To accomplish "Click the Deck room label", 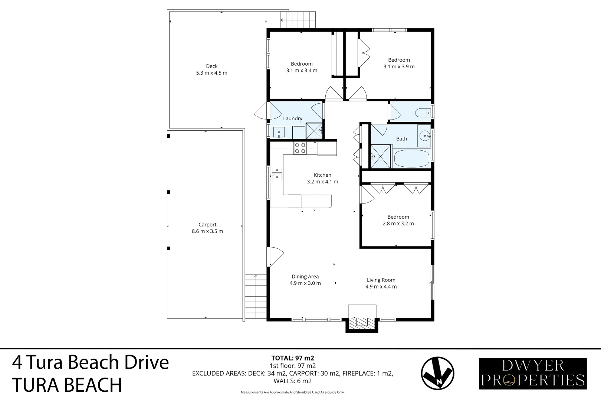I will pyautogui.click(x=211, y=66).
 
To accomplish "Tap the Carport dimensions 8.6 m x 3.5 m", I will pyautogui.click(x=207, y=231).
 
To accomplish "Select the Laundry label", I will pyautogui.click(x=292, y=118).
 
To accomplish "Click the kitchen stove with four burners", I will pyautogui.click(x=300, y=148).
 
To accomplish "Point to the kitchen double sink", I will pyautogui.click(x=276, y=174).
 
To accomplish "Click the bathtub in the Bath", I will pyautogui.click(x=411, y=159).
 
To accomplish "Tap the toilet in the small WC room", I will pyautogui.click(x=423, y=112).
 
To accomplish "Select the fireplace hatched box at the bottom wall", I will pyautogui.click(x=362, y=322).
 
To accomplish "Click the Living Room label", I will pyautogui.click(x=381, y=280).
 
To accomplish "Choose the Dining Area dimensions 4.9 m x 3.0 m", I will pyautogui.click(x=305, y=283).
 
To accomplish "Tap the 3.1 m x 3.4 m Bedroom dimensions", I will pyautogui.click(x=302, y=71).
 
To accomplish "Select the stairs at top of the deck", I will pyautogui.click(x=298, y=20).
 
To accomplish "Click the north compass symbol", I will pyautogui.click(x=437, y=373).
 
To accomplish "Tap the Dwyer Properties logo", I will pyautogui.click(x=533, y=374).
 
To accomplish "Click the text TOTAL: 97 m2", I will pyautogui.click(x=292, y=358).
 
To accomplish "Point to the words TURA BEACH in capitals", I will pyautogui.click(x=67, y=385).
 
